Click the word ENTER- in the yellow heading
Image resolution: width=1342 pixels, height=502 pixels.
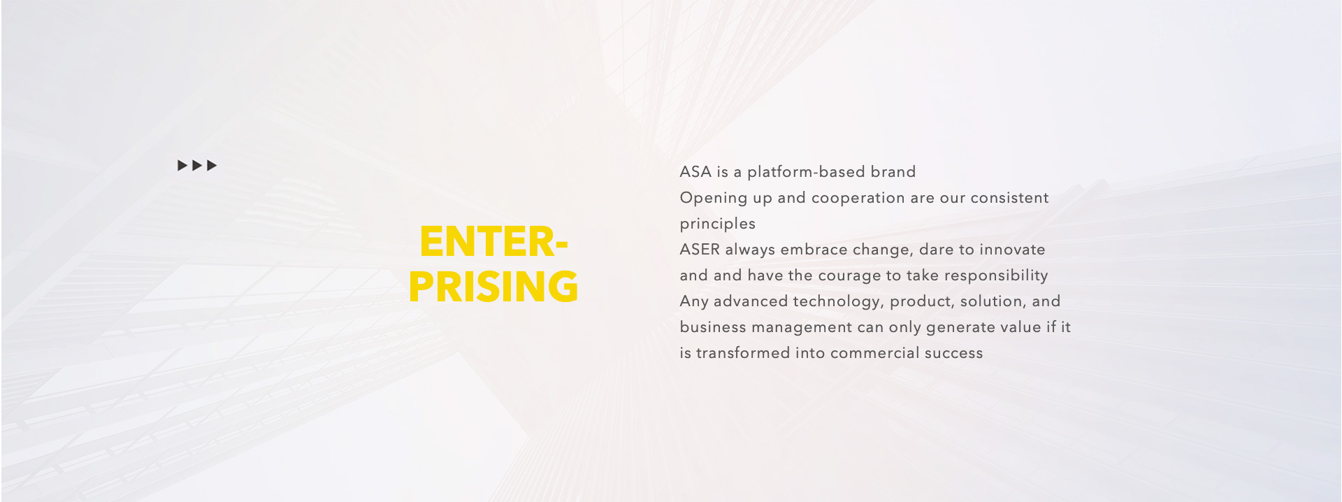click(493, 242)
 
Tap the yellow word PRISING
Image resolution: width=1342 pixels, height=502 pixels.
click(493, 287)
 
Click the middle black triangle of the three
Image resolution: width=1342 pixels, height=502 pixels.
click(197, 166)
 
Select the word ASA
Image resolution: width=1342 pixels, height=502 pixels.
click(695, 172)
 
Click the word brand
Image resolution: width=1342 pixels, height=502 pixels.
click(893, 172)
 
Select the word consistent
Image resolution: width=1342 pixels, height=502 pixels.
click(1009, 198)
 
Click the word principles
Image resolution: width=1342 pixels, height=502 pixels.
click(718, 224)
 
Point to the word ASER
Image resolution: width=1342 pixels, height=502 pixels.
click(700, 250)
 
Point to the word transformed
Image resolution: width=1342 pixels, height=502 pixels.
click(742, 353)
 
